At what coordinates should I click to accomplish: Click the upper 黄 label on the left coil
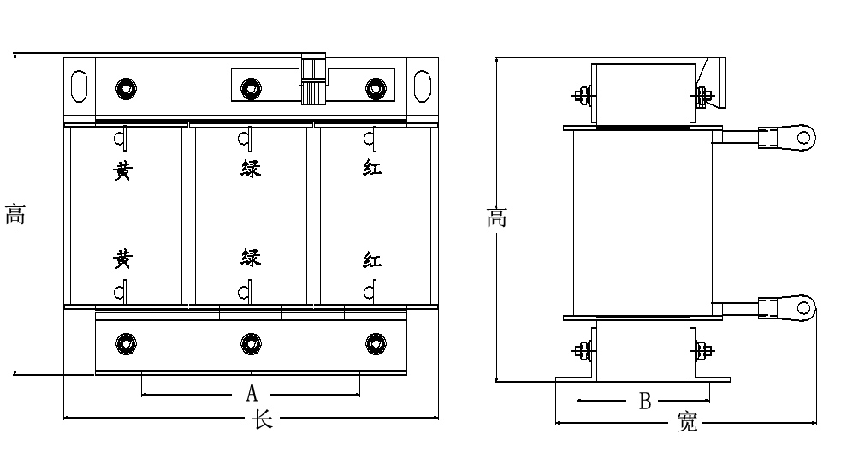coord(122,170)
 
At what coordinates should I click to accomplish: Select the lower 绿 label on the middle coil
coord(251,257)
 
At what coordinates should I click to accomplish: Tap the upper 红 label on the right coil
coord(373,168)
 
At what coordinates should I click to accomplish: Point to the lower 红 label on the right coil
coord(373,260)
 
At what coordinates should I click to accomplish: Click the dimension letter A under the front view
coord(252,393)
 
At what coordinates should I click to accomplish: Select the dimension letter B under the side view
coord(645,401)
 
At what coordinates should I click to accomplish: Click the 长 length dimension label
coord(262,419)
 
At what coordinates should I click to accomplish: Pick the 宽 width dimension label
coord(688,421)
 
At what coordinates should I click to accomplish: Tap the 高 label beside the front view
coord(15,215)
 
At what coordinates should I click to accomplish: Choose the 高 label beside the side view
coord(497,217)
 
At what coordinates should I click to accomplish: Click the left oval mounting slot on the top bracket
coord(80,86)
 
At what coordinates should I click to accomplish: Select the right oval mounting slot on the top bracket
coord(423,86)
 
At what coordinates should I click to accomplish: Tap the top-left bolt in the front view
coord(126,88)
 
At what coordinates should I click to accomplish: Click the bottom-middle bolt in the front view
coord(251,343)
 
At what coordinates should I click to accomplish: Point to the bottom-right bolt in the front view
coord(376,343)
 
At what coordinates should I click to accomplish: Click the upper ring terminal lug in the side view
coord(787,137)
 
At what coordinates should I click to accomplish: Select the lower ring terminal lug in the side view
coord(787,307)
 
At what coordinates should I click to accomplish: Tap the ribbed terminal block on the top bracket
coord(313,80)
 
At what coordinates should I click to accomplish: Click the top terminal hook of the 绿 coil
coord(246,140)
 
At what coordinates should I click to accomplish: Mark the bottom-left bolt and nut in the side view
coord(583,351)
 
